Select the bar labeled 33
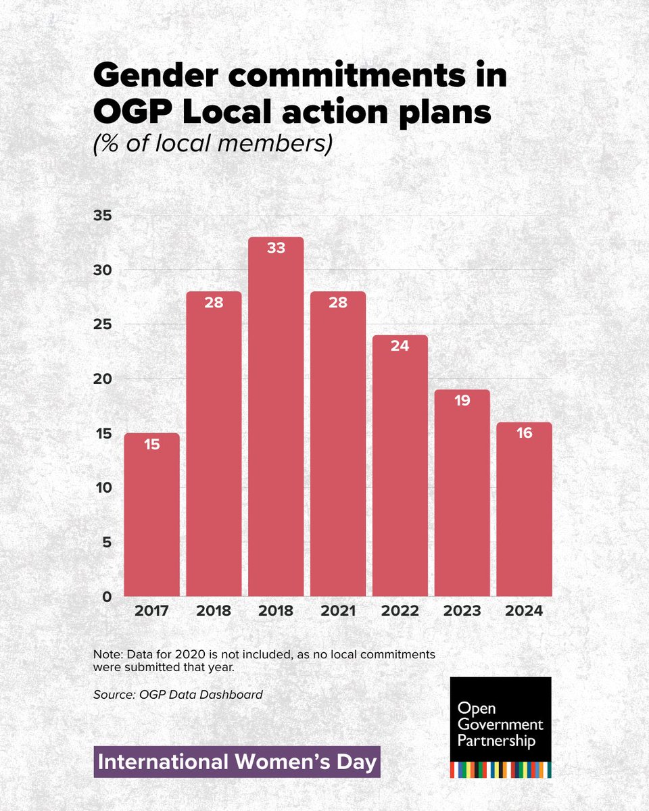pyautogui.click(x=275, y=419)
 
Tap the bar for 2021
pyautogui.click(x=337, y=446)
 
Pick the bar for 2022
pyautogui.click(x=400, y=466)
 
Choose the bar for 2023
pyautogui.click(x=462, y=493)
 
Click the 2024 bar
pyautogui.click(x=524, y=510)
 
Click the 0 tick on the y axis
pyautogui.click(x=107, y=597)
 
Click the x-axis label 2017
pyautogui.click(x=151, y=611)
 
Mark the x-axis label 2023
pyautogui.click(x=462, y=611)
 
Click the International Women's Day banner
pyautogui.click(x=237, y=762)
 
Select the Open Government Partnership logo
pyautogui.click(x=500, y=727)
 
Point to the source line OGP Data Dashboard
pyautogui.click(x=178, y=694)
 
